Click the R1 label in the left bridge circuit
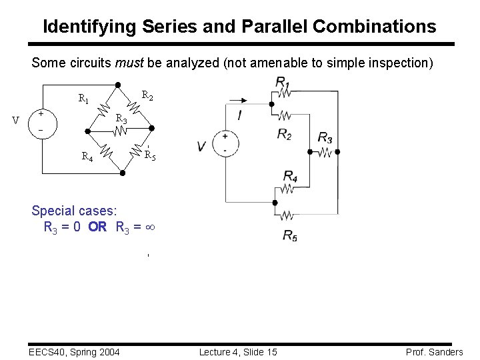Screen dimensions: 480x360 [x=84, y=99]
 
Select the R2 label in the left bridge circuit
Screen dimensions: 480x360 [x=148, y=96]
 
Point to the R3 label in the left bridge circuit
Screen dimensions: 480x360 [x=121, y=119]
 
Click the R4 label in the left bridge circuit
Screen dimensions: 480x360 [x=87, y=157]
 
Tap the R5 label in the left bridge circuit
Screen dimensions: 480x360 [x=150, y=157]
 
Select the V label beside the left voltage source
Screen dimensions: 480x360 [x=16, y=121]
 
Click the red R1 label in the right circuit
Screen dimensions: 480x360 [x=282, y=81]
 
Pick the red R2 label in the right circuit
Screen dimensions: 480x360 [x=285, y=134]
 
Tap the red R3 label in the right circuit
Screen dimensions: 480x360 [x=325, y=138]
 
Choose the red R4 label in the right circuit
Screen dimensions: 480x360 [x=291, y=176]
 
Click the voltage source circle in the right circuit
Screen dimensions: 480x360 [x=225, y=143]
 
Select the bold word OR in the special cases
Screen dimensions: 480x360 [x=97, y=227]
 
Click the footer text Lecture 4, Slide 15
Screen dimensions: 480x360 [x=238, y=352]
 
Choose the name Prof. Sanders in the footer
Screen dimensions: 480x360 [x=434, y=352]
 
